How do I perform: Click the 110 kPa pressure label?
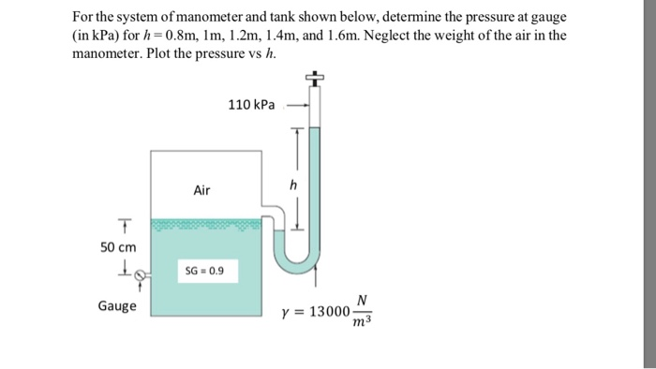coord(251,106)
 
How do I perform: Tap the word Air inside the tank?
coord(202,190)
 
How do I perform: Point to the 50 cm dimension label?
coord(118,246)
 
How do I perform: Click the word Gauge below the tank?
coord(117,306)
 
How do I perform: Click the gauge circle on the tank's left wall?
coord(141,275)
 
